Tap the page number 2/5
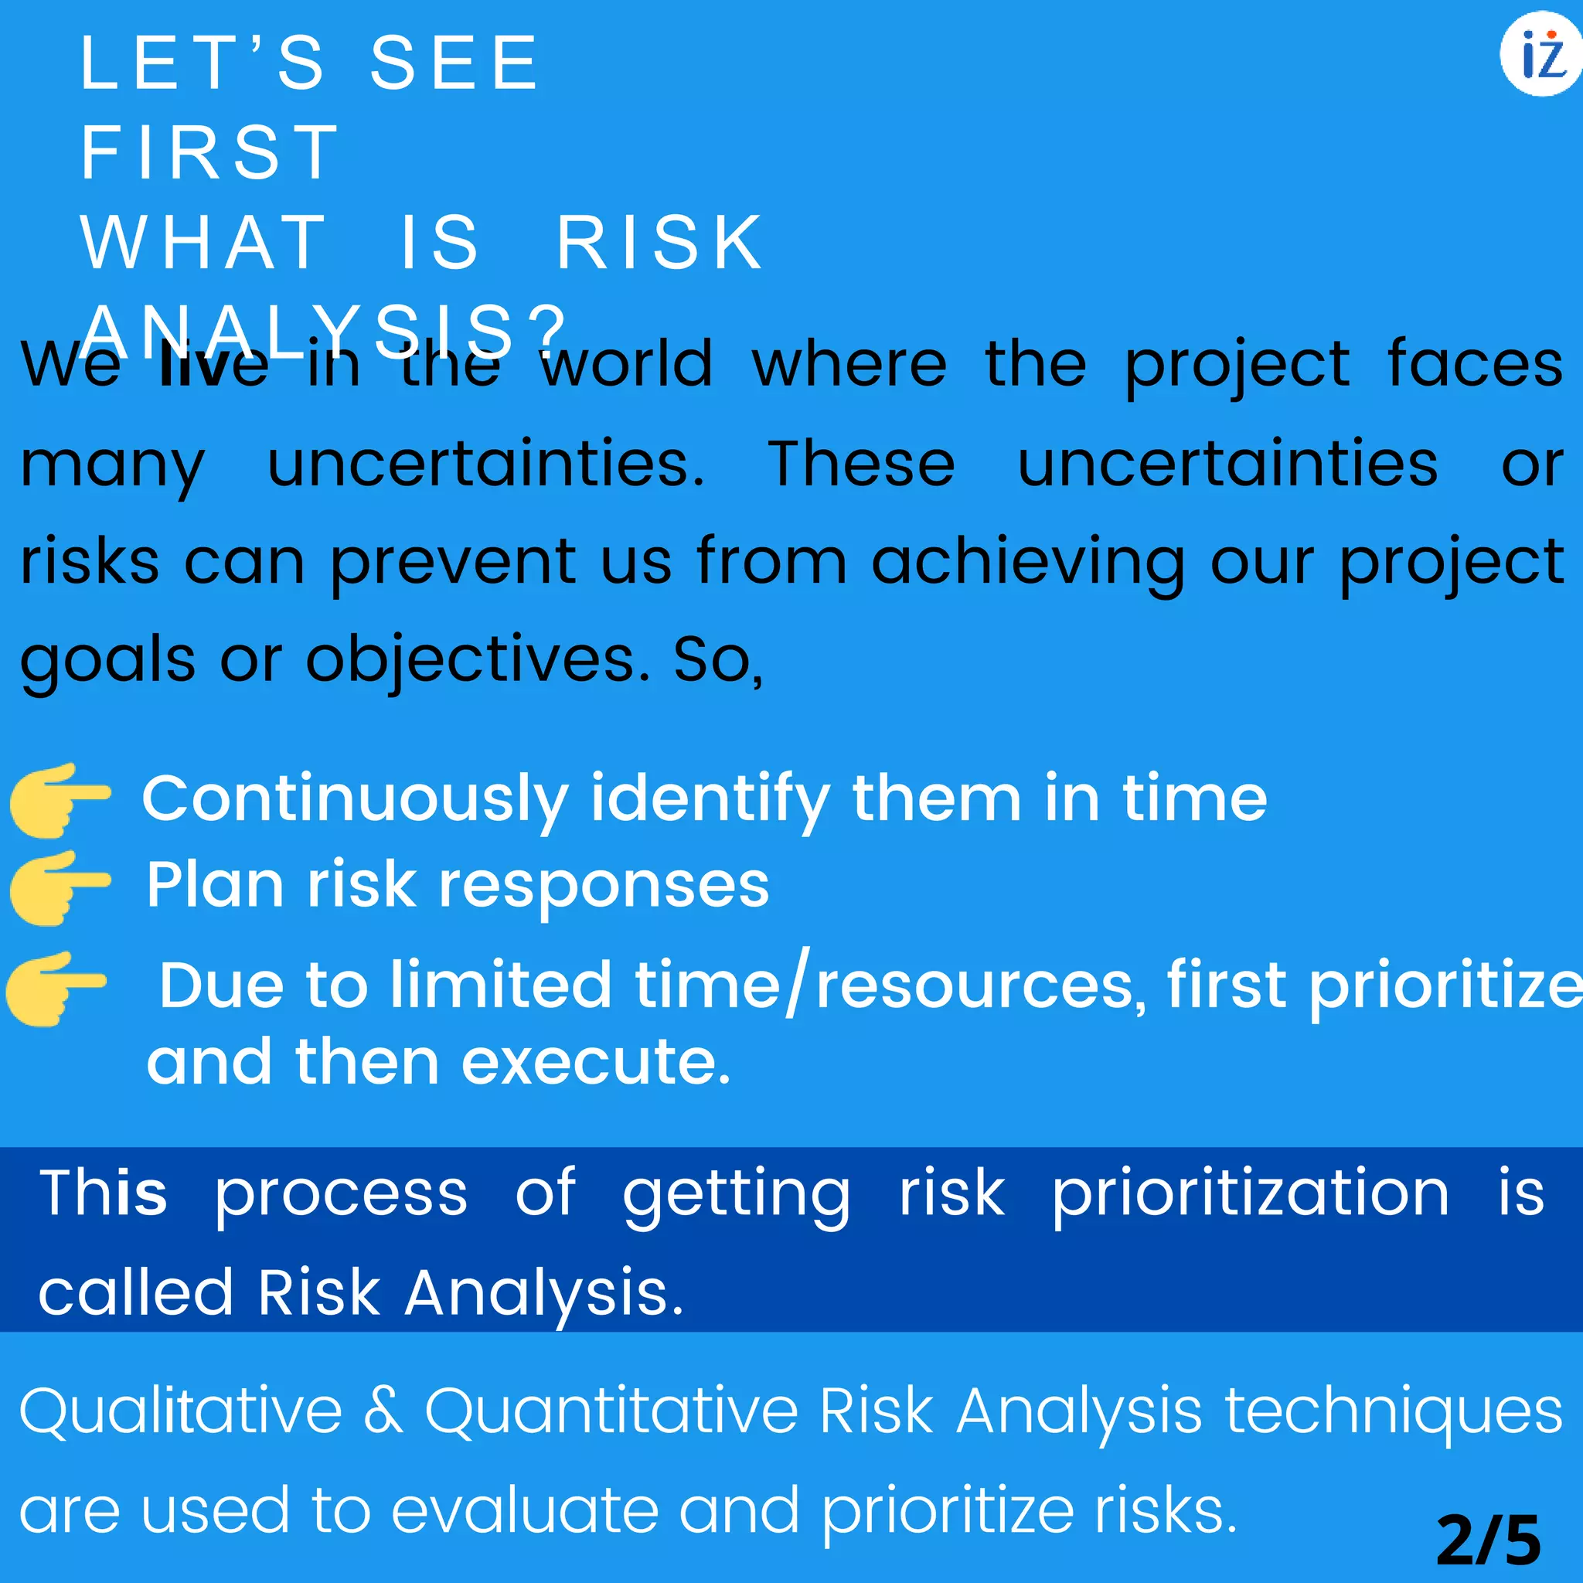coord(1489,1540)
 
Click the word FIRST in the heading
coord(209,152)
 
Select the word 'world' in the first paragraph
coord(627,364)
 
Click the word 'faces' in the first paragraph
coord(1475,364)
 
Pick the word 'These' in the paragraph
coord(861,464)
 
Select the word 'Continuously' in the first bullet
coord(355,800)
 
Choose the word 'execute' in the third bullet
coord(596,1064)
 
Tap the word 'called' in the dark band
coord(136,1294)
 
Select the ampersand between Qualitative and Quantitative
coord(383,1411)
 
